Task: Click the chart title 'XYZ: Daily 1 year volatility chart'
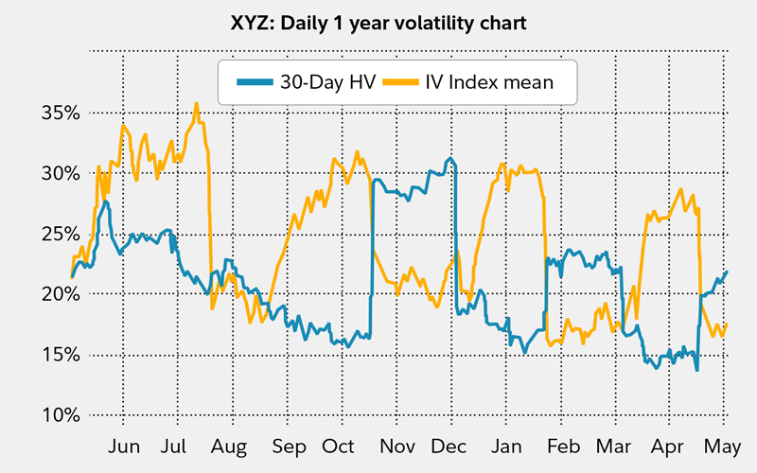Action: pos(378,22)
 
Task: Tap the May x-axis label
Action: pos(726,446)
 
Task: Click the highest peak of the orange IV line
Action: pos(196,104)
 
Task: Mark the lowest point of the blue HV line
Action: pos(697,370)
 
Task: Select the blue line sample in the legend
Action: pos(253,82)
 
